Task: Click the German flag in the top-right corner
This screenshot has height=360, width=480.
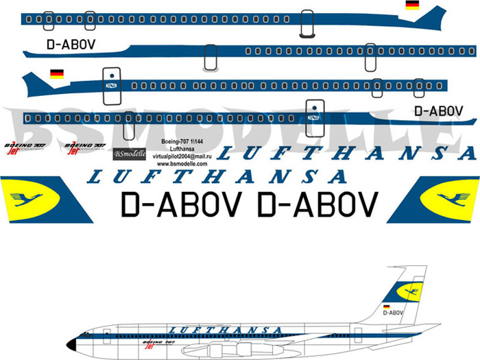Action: [412, 5]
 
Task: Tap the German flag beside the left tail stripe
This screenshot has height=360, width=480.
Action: [57, 74]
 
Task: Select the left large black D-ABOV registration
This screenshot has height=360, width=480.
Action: [180, 203]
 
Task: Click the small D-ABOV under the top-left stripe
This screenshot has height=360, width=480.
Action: [71, 45]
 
